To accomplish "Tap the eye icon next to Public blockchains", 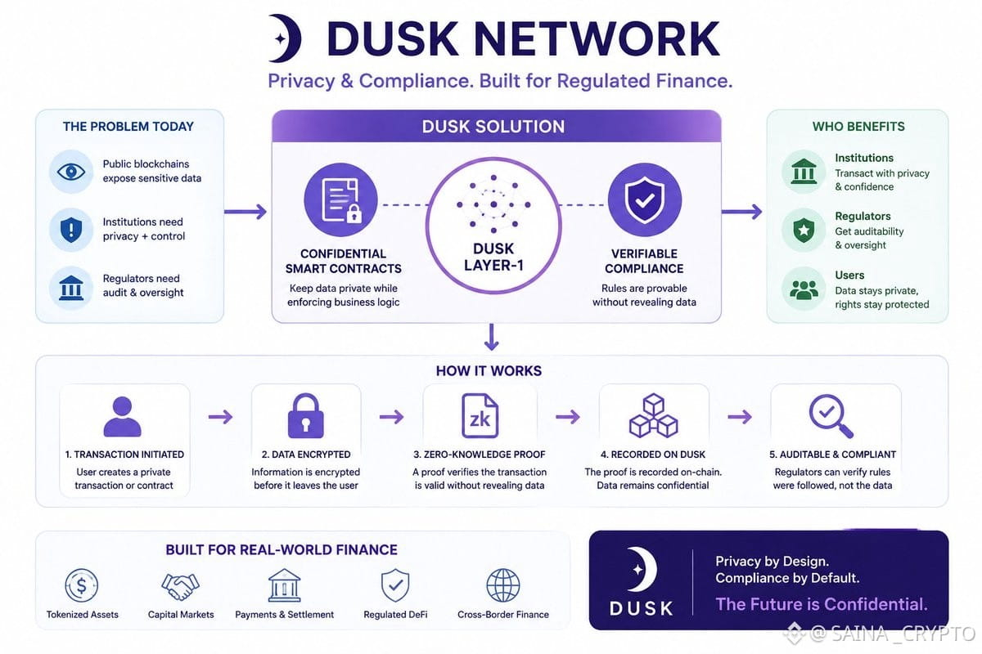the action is (x=71, y=172).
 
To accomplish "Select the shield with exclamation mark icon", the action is (x=71, y=230).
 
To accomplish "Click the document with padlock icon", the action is (x=341, y=200).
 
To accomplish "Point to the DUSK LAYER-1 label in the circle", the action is (x=493, y=257).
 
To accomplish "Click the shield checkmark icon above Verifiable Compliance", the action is (x=645, y=200).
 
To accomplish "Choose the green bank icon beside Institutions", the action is (x=804, y=172).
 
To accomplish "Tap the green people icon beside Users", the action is (x=804, y=289).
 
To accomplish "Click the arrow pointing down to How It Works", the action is (x=492, y=337).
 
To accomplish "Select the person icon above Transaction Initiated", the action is (x=122, y=416).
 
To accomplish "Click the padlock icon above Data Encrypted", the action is (x=305, y=416).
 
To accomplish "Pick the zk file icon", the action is (x=480, y=416).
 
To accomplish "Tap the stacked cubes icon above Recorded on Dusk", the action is (x=654, y=415).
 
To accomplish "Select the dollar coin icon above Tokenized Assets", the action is (x=82, y=585).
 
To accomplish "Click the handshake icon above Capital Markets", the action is (x=180, y=586).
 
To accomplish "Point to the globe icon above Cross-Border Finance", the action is (x=503, y=585).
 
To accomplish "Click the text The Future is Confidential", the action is (x=822, y=604).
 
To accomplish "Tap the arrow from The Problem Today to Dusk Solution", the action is (x=245, y=212).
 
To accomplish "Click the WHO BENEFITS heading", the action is (x=858, y=127).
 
